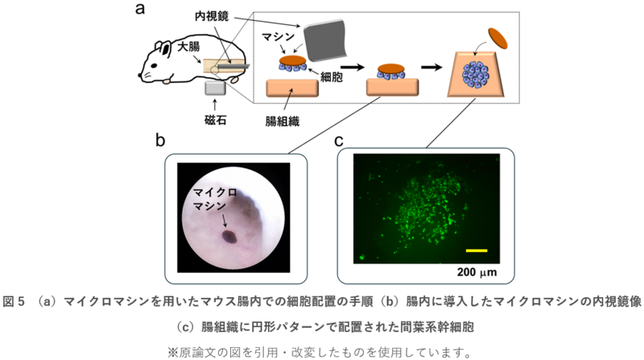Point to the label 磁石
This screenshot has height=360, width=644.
point(217,120)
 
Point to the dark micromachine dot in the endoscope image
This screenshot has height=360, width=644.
point(229,237)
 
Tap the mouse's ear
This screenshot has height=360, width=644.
point(162,44)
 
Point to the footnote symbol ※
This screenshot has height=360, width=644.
point(172,352)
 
